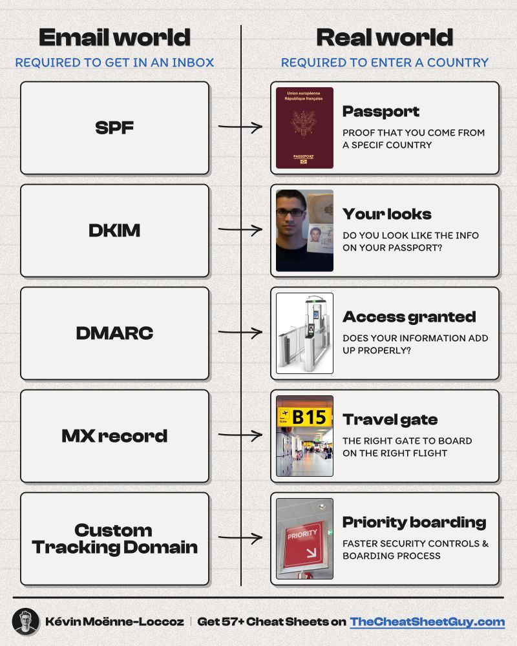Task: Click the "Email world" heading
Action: (x=114, y=37)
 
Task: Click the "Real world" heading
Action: (x=385, y=37)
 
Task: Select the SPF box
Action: (x=114, y=128)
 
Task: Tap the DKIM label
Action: (x=114, y=231)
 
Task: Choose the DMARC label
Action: (x=114, y=333)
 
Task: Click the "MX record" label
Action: (x=114, y=436)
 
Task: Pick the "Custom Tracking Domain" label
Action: (x=114, y=539)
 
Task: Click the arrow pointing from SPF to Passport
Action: (x=240, y=127)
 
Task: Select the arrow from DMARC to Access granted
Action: (x=240, y=333)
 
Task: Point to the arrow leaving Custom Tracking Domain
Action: (x=240, y=537)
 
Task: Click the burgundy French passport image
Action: (x=304, y=128)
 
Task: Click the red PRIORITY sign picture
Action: (x=304, y=539)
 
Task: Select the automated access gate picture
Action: (x=304, y=333)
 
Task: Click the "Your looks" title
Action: (x=386, y=214)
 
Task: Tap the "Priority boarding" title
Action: (x=414, y=523)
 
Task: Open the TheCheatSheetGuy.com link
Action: (x=427, y=622)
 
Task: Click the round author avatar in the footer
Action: (x=25, y=622)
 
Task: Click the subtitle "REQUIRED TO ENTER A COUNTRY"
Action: (x=385, y=63)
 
